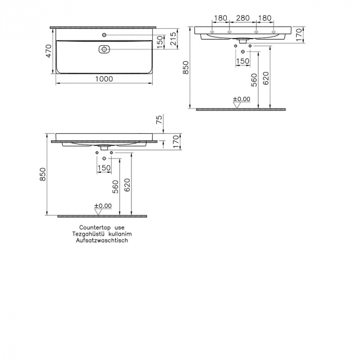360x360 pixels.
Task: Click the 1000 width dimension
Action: pos(104,79)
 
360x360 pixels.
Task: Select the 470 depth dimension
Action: pos(49,51)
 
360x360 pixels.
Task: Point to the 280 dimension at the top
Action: pos(242,19)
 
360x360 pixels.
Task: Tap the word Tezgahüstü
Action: pos(89,233)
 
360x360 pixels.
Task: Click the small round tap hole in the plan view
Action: pos(104,34)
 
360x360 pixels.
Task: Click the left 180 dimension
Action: pos(220,19)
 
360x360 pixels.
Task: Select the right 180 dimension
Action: pos(264,19)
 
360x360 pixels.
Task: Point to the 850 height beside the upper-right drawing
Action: pos(186,67)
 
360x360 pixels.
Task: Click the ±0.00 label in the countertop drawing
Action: pos(103,206)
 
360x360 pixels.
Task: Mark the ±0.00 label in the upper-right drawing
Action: pos(241,99)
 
